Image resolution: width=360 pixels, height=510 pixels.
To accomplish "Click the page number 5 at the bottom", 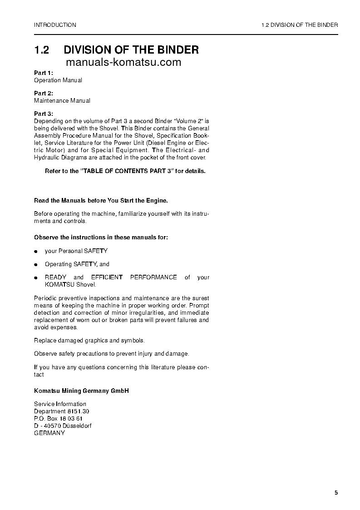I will [x=336, y=493].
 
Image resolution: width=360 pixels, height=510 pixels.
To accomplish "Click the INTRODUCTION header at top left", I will [x=55, y=25].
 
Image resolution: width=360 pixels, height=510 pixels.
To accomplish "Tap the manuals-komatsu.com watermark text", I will [x=123, y=63].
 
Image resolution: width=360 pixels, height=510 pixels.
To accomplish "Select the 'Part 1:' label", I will [x=44, y=73].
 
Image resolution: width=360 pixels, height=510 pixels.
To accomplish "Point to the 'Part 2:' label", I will [x=44, y=93].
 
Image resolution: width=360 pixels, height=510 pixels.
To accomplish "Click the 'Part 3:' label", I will [x=44, y=114].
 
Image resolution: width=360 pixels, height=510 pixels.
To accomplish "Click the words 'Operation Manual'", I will [x=58, y=80].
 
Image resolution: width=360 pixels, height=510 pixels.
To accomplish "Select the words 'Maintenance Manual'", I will [x=62, y=101].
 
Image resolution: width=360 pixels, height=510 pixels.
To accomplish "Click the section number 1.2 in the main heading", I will [x=42, y=50].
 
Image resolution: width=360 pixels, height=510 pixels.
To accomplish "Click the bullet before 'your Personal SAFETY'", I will [x=36, y=252].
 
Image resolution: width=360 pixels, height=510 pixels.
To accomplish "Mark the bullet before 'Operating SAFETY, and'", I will [x=36, y=265].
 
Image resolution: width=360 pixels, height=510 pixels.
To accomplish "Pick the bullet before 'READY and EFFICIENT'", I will [x=36, y=278].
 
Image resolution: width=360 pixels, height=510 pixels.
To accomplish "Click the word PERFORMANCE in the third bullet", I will [x=153, y=277].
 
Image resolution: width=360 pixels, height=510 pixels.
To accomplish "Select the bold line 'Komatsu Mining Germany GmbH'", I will [x=82, y=391].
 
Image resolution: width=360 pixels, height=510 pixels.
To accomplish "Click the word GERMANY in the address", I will [x=49, y=433].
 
